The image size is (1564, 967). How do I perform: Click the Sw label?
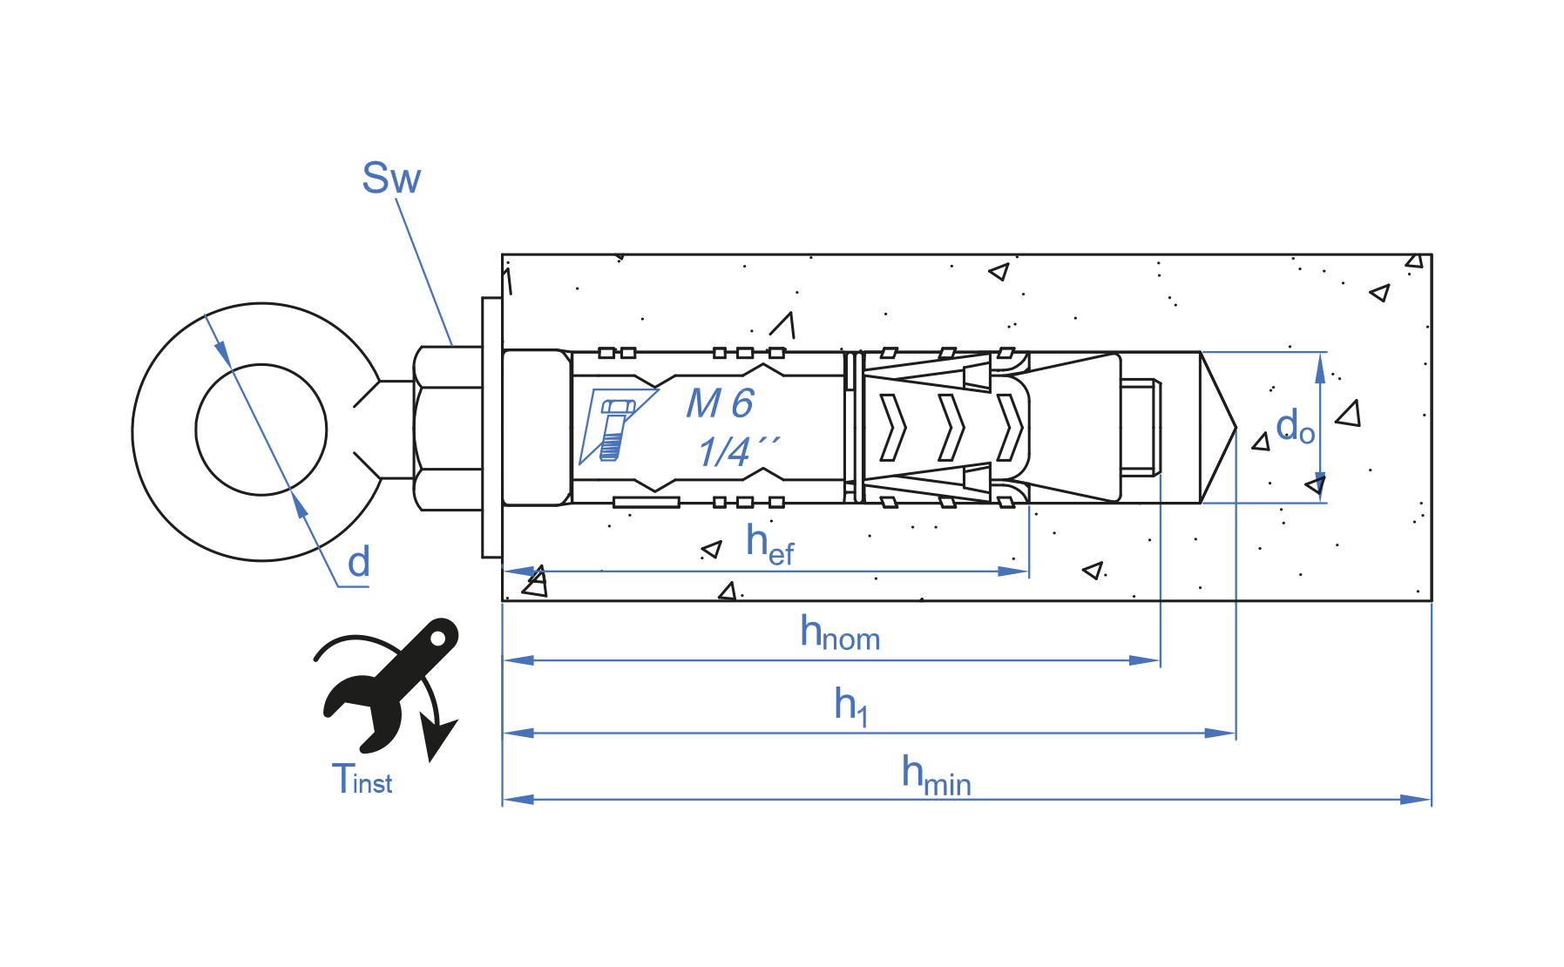pos(391,179)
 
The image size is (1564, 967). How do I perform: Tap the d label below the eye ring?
pos(359,562)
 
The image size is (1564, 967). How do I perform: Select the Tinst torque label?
pos(362,779)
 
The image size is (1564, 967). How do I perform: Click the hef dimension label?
pos(770,544)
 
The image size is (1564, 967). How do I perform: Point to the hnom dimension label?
pos(840,633)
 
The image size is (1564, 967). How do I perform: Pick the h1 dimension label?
pos(850,706)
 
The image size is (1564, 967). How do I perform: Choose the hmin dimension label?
pos(937,775)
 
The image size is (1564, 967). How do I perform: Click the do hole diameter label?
pos(1296,427)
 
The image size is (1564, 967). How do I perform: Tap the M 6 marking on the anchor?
pos(720,403)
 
